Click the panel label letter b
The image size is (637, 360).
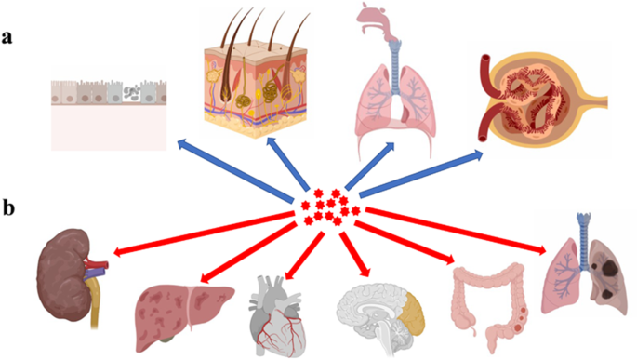(8, 206)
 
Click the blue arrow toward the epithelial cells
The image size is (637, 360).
(232, 167)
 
